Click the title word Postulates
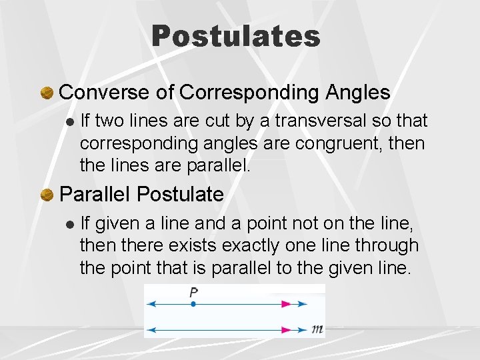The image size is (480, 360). tap(236, 36)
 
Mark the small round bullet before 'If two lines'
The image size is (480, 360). tap(70, 122)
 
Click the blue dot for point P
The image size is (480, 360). tap(193, 304)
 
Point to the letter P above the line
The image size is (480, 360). tap(193, 292)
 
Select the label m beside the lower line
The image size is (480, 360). tap(317, 329)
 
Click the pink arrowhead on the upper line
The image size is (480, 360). tap(286, 304)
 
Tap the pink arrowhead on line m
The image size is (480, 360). tap(286, 329)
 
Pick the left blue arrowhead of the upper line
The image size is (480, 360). tap(151, 304)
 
